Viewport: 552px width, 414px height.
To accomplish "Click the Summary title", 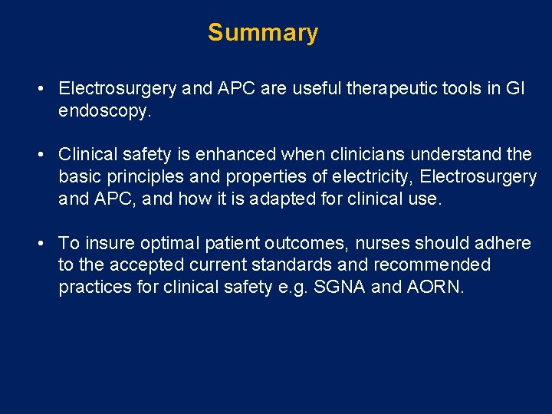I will click(262, 33).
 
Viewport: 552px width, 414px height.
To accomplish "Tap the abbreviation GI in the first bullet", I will click(515, 89).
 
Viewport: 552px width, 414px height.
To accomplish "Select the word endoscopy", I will click(104, 111).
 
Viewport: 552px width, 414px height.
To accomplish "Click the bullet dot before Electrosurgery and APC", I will click(39, 89).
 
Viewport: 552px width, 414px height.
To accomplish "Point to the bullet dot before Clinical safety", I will click(39, 155).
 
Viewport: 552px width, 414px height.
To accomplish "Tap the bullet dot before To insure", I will click(39, 244).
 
